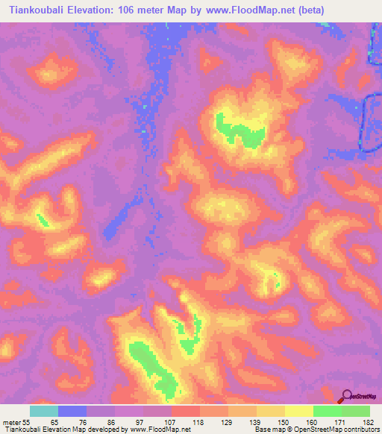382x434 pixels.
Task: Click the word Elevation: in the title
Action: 101,10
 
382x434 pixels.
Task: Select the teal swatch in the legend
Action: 44,411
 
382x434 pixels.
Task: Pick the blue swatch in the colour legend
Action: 72,411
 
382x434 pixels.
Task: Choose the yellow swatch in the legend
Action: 299,411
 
